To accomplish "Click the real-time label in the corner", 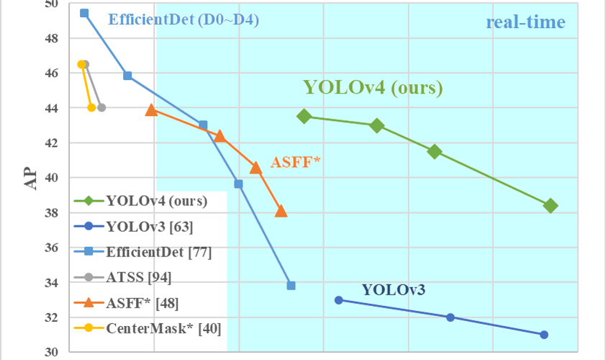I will pos(525,22).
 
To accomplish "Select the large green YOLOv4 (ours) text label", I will pos(372,88).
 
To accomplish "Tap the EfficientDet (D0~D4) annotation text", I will pos(183,20).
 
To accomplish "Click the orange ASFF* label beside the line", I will pos(295,162).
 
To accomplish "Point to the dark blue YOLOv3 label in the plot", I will pos(393,290).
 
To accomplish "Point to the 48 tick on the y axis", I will pos(51,38).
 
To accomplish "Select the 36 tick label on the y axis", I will pos(51,248).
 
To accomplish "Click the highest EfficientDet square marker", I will pos(84,13).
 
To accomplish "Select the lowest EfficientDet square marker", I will pos(291,286).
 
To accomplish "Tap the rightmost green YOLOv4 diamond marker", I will pos(551,206).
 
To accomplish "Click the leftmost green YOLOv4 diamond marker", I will pos(304,116).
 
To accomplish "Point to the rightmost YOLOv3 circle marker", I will pos(543,335).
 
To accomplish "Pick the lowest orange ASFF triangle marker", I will pos(281,211).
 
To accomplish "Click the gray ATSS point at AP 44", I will pos(101,108).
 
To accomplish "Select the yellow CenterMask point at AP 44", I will pos(91,108).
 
